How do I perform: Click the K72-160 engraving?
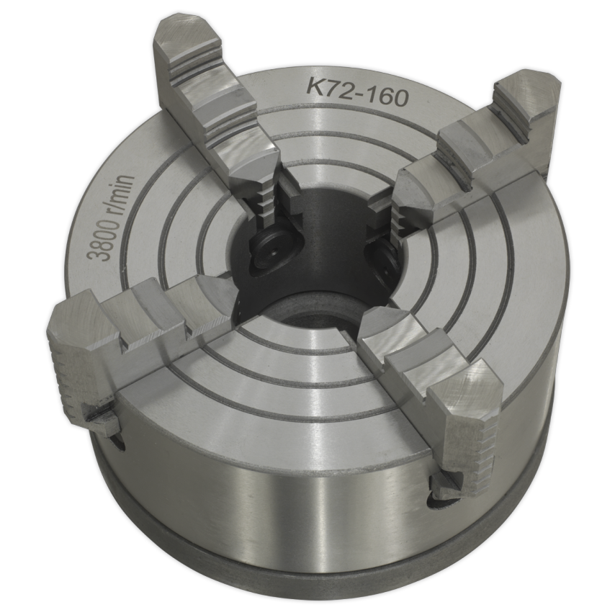pyautogui.click(x=358, y=92)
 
